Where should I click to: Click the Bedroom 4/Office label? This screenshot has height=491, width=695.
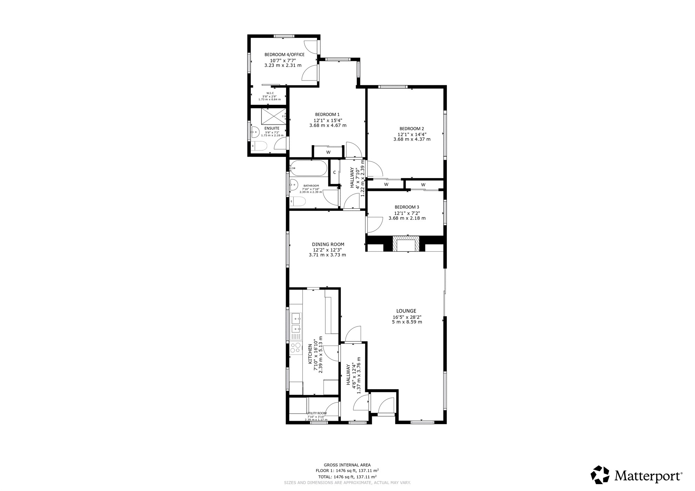tap(284, 55)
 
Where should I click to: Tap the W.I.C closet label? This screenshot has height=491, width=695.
tap(270, 93)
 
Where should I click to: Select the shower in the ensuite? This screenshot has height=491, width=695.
tap(273, 115)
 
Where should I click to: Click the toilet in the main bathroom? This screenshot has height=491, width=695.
tap(298, 202)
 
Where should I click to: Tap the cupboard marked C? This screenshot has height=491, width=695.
tap(334, 172)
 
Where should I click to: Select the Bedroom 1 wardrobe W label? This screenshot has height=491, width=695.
tap(328, 152)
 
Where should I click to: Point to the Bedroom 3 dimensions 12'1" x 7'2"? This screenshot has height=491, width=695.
tap(407, 213)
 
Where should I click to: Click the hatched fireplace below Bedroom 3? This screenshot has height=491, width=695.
tap(406, 243)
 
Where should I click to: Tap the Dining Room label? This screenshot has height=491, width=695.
tap(328, 244)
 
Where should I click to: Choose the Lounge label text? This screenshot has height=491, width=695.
tap(406, 311)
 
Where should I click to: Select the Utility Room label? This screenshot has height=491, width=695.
tap(317, 413)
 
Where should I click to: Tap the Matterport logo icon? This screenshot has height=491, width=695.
tap(600, 475)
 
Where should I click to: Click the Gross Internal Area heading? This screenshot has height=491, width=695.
tap(347, 465)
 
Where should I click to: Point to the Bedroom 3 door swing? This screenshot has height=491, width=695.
tap(374, 225)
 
